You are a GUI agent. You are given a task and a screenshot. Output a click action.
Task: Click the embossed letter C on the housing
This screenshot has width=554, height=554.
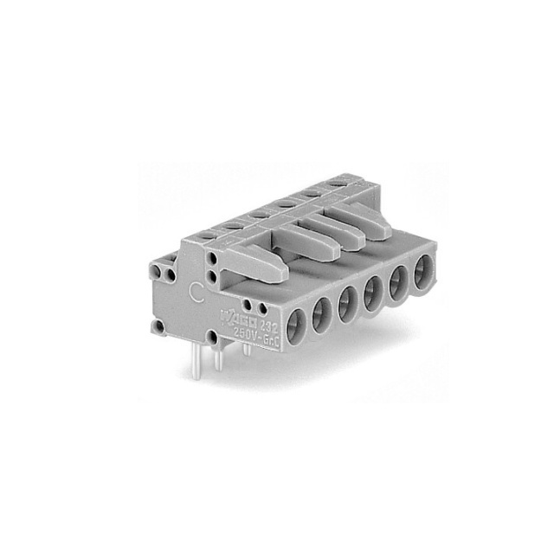[x=196, y=292]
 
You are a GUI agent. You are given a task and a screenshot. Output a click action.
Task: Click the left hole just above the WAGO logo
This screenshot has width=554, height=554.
[x=249, y=305]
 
